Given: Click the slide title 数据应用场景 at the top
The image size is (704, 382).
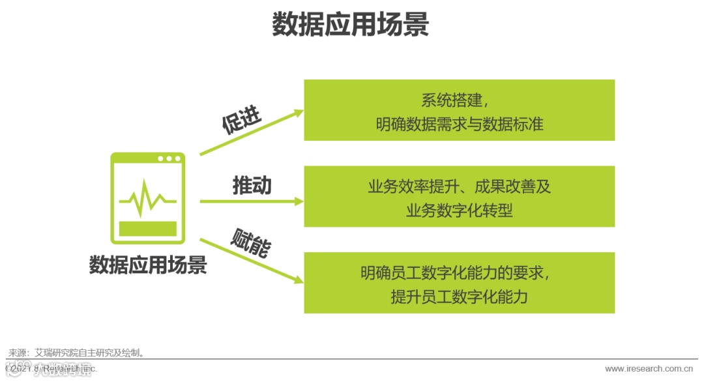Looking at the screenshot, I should pos(351,25).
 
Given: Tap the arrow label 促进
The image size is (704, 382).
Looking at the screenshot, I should pos(241,120).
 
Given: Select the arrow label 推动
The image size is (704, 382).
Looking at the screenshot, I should pos(252,186).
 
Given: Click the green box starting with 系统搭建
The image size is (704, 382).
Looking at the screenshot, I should pos(459,110).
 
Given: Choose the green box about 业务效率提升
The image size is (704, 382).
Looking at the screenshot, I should pos(459,196).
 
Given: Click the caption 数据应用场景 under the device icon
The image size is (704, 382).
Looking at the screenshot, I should pos(148,265).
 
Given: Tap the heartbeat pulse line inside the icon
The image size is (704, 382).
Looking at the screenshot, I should pos(148,199).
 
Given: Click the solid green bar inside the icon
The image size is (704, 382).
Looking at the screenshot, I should pos(148,229).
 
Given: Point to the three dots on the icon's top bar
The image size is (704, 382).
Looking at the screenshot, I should pos(169,159).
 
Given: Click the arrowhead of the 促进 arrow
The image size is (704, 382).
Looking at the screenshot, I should pos(299,112).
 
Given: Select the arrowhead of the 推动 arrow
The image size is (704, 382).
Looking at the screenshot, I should pos(299,201).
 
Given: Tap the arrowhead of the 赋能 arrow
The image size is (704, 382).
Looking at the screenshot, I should pos(299,280).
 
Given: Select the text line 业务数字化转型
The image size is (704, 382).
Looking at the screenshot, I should pos(459,211).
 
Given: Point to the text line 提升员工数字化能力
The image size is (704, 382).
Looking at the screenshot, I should pos(459,297).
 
